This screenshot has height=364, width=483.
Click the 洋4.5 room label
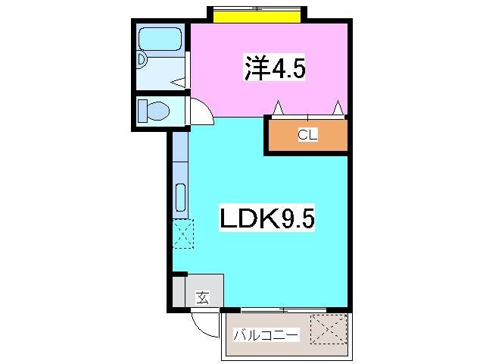click(x=275, y=67)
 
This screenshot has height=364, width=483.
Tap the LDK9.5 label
click(x=267, y=217)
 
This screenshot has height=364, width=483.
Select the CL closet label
click(x=307, y=135)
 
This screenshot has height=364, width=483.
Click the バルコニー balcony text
click(x=266, y=334)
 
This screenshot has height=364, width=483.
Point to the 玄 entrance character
click(x=203, y=298)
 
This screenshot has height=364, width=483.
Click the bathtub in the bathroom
click(x=160, y=39)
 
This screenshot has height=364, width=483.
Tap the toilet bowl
click(x=158, y=111)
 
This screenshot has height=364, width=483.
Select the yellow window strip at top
click(x=257, y=17)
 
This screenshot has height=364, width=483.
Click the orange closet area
click(x=307, y=135)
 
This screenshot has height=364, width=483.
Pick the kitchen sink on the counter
click(x=180, y=197)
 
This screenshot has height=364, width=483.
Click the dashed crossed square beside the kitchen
click(x=183, y=234)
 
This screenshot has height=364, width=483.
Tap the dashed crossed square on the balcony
click(x=329, y=329)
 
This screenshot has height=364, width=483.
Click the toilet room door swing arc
click(x=207, y=107)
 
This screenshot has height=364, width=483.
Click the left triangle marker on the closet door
click(x=278, y=108)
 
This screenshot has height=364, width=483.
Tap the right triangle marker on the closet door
click(x=338, y=108)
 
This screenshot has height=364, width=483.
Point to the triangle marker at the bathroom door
click(x=178, y=83)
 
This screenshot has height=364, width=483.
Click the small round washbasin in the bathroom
click(x=142, y=59)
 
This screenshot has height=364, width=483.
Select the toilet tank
click(x=142, y=111)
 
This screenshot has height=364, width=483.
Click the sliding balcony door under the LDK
click(x=283, y=309)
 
